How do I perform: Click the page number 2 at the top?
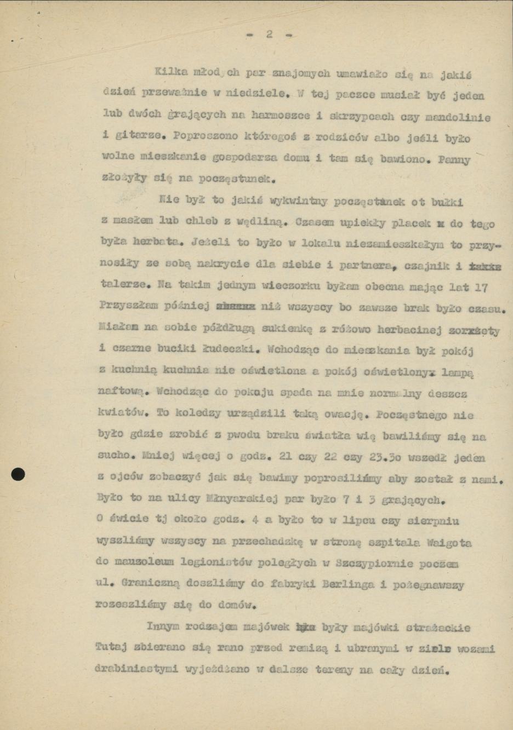269,34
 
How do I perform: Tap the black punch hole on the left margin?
18,474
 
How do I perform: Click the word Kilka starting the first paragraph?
170,72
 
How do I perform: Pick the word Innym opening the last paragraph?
163,626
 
